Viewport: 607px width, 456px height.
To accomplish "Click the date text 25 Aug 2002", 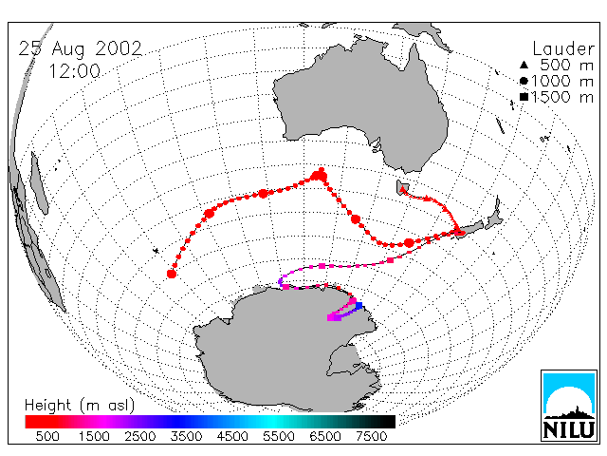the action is [x=80, y=49].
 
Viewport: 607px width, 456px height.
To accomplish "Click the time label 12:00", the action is [x=75, y=71].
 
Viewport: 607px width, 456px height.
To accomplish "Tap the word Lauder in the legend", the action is [x=563, y=49].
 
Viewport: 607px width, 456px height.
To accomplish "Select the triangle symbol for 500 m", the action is [x=524, y=65].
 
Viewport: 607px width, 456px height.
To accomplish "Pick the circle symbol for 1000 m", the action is [x=524, y=81].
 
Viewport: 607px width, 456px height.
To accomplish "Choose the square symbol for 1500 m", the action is [x=524, y=97].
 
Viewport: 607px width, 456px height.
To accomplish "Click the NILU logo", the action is [x=569, y=406].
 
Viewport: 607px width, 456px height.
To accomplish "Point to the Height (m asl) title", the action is [x=80, y=406].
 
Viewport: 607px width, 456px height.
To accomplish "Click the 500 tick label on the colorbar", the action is [x=47, y=437].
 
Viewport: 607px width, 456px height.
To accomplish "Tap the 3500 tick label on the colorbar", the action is [x=186, y=437].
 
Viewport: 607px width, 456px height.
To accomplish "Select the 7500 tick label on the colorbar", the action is [x=371, y=437].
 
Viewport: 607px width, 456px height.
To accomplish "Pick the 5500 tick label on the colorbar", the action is [x=279, y=437].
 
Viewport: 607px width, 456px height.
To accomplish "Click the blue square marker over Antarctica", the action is [x=359, y=306].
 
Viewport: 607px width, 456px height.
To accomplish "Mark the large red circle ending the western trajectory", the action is [x=172, y=274].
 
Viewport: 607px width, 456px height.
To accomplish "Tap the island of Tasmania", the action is [x=401, y=188].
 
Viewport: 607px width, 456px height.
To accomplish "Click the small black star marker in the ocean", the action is [x=156, y=251].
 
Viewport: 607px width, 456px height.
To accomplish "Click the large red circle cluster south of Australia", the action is [x=319, y=175].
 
